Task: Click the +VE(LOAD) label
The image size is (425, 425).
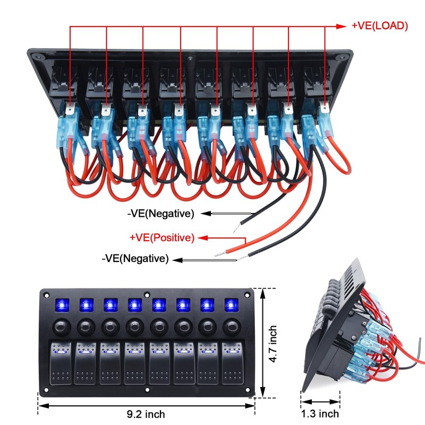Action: pyautogui.click(x=379, y=25)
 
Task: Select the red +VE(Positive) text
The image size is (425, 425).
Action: pyautogui.click(x=162, y=237)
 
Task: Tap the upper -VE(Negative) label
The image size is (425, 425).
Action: pyautogui.click(x=160, y=214)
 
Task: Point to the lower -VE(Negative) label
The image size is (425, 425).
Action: pyautogui.click(x=135, y=259)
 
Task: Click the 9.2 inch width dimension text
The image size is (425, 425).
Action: pyautogui.click(x=147, y=414)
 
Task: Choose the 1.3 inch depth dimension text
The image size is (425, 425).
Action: pyautogui.click(x=320, y=413)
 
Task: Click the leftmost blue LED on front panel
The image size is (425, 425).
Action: pyautogui.click(x=61, y=305)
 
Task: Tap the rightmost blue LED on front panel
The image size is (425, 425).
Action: pyautogui.click(x=231, y=305)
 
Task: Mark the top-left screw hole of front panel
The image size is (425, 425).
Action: pyautogui.click(x=46, y=294)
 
